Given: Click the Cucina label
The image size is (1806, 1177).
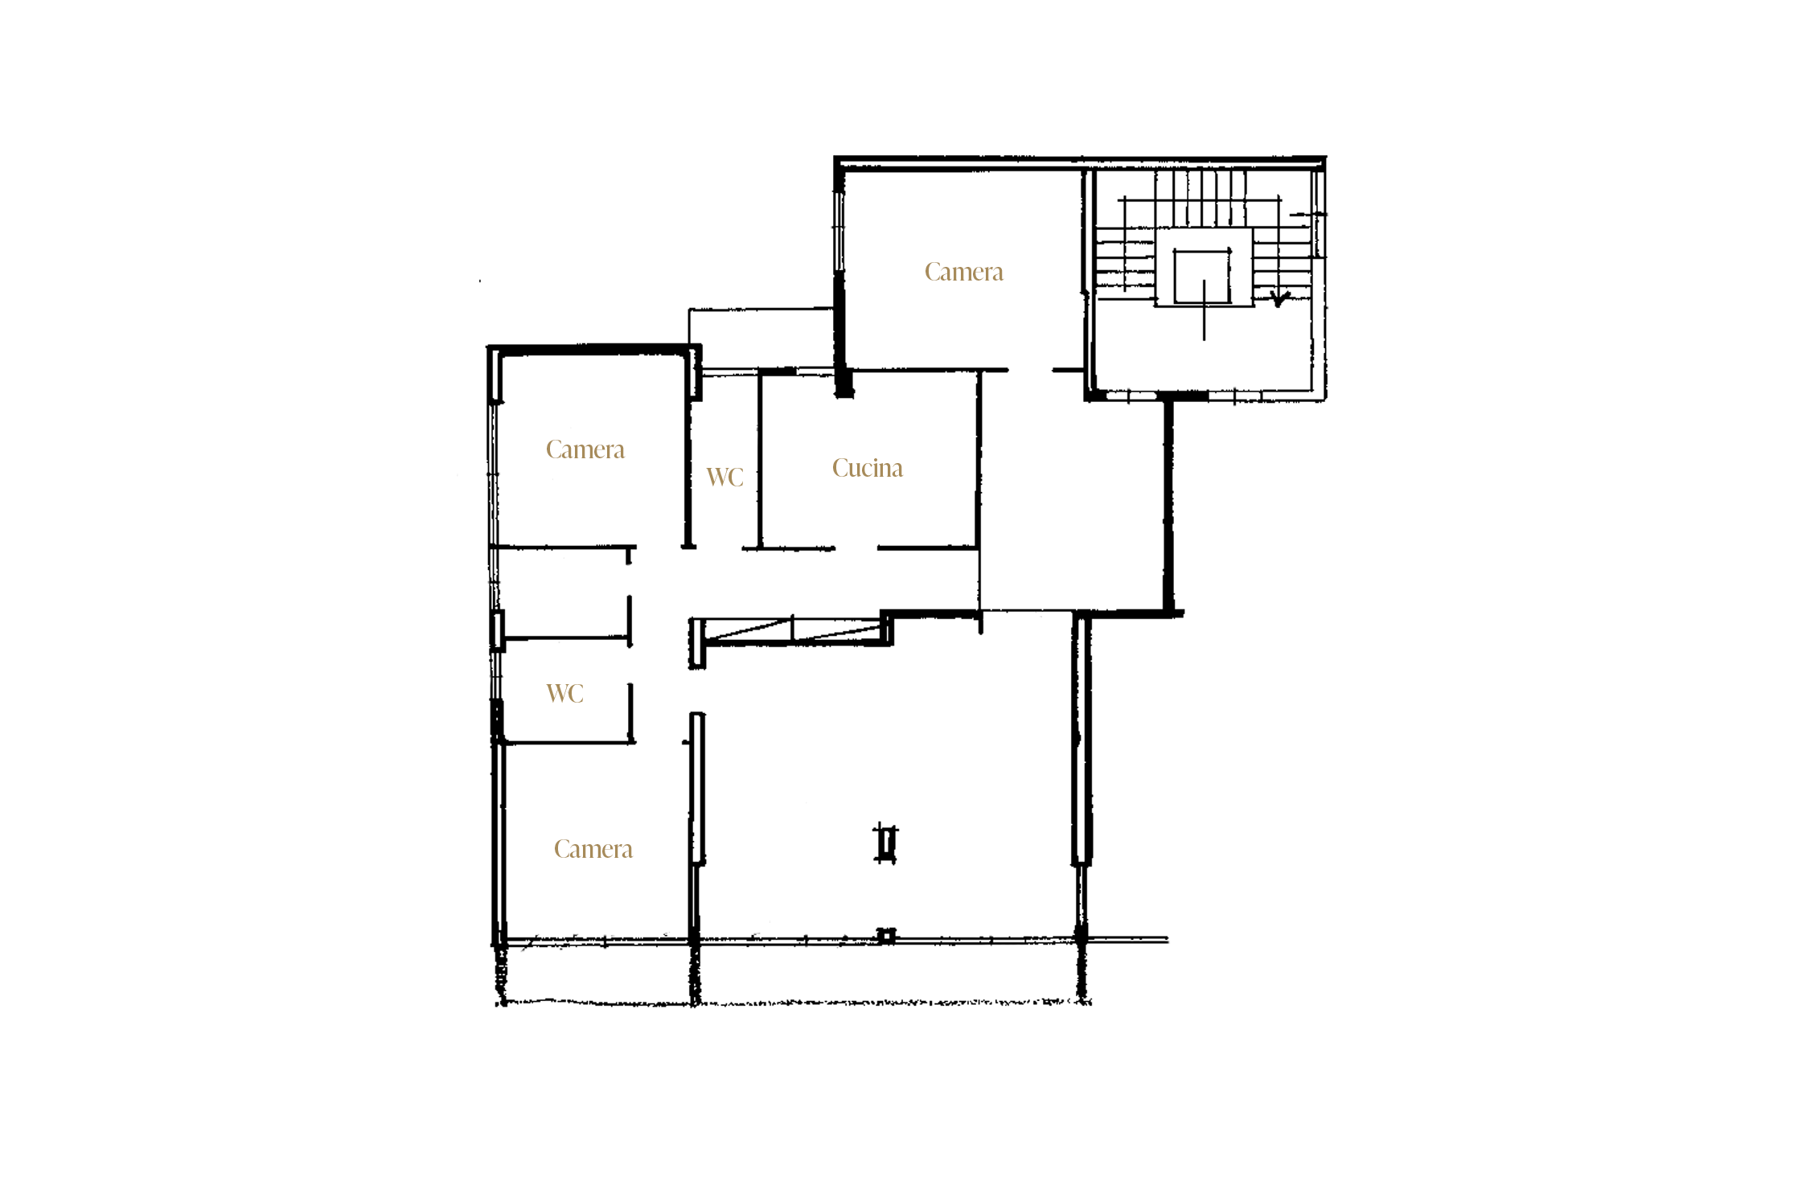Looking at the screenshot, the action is (867, 468).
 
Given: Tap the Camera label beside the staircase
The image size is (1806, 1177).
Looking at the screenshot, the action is (963, 272).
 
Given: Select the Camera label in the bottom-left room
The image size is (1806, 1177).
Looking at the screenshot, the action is (593, 849).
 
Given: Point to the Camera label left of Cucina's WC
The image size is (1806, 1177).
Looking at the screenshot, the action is (585, 449).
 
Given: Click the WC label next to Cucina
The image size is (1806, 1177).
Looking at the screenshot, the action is (724, 477).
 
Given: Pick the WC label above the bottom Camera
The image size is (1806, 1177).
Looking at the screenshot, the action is (564, 694).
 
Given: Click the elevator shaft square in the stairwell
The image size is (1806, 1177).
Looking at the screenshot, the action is (1202, 277).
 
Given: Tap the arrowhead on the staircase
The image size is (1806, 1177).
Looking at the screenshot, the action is (1279, 299).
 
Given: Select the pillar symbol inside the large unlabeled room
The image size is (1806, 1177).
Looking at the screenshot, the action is (886, 843).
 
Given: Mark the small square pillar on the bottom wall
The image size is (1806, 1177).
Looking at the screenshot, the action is (886, 936).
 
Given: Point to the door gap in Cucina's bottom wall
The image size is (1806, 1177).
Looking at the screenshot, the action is (856, 548).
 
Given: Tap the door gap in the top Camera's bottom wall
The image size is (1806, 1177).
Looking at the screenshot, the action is (1030, 370).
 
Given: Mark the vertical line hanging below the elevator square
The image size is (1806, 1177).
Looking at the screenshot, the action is (1204, 310).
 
